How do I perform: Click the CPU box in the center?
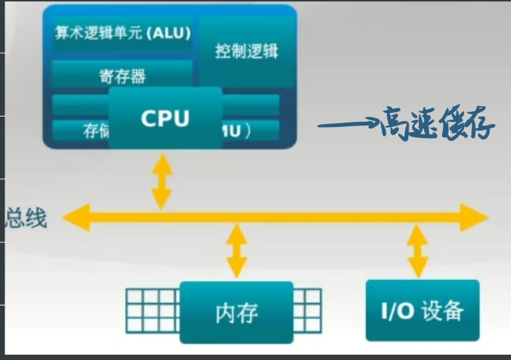(166, 117)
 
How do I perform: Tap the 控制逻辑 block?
(246, 52)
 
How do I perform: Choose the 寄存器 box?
(121, 75)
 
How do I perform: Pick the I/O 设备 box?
(422, 310)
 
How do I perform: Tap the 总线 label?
(27, 218)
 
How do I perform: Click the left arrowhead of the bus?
(73, 217)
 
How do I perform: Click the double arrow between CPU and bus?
(161, 181)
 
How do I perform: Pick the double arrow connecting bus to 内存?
(236, 250)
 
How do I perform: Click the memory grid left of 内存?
(152, 311)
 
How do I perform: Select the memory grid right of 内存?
(307, 311)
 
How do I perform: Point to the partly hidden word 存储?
(95, 131)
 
